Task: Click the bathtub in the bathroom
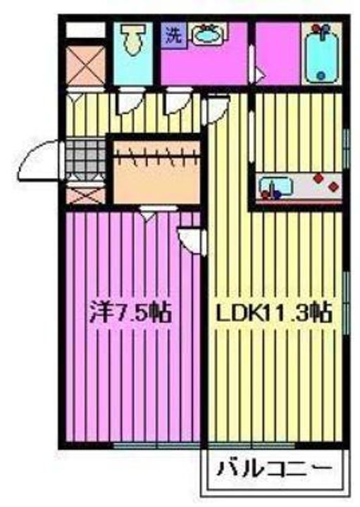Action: click(x=323, y=53)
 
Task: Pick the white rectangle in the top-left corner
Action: click(x=84, y=30)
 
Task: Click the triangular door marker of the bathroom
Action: click(x=259, y=73)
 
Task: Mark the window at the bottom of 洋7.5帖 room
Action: click(x=145, y=445)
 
